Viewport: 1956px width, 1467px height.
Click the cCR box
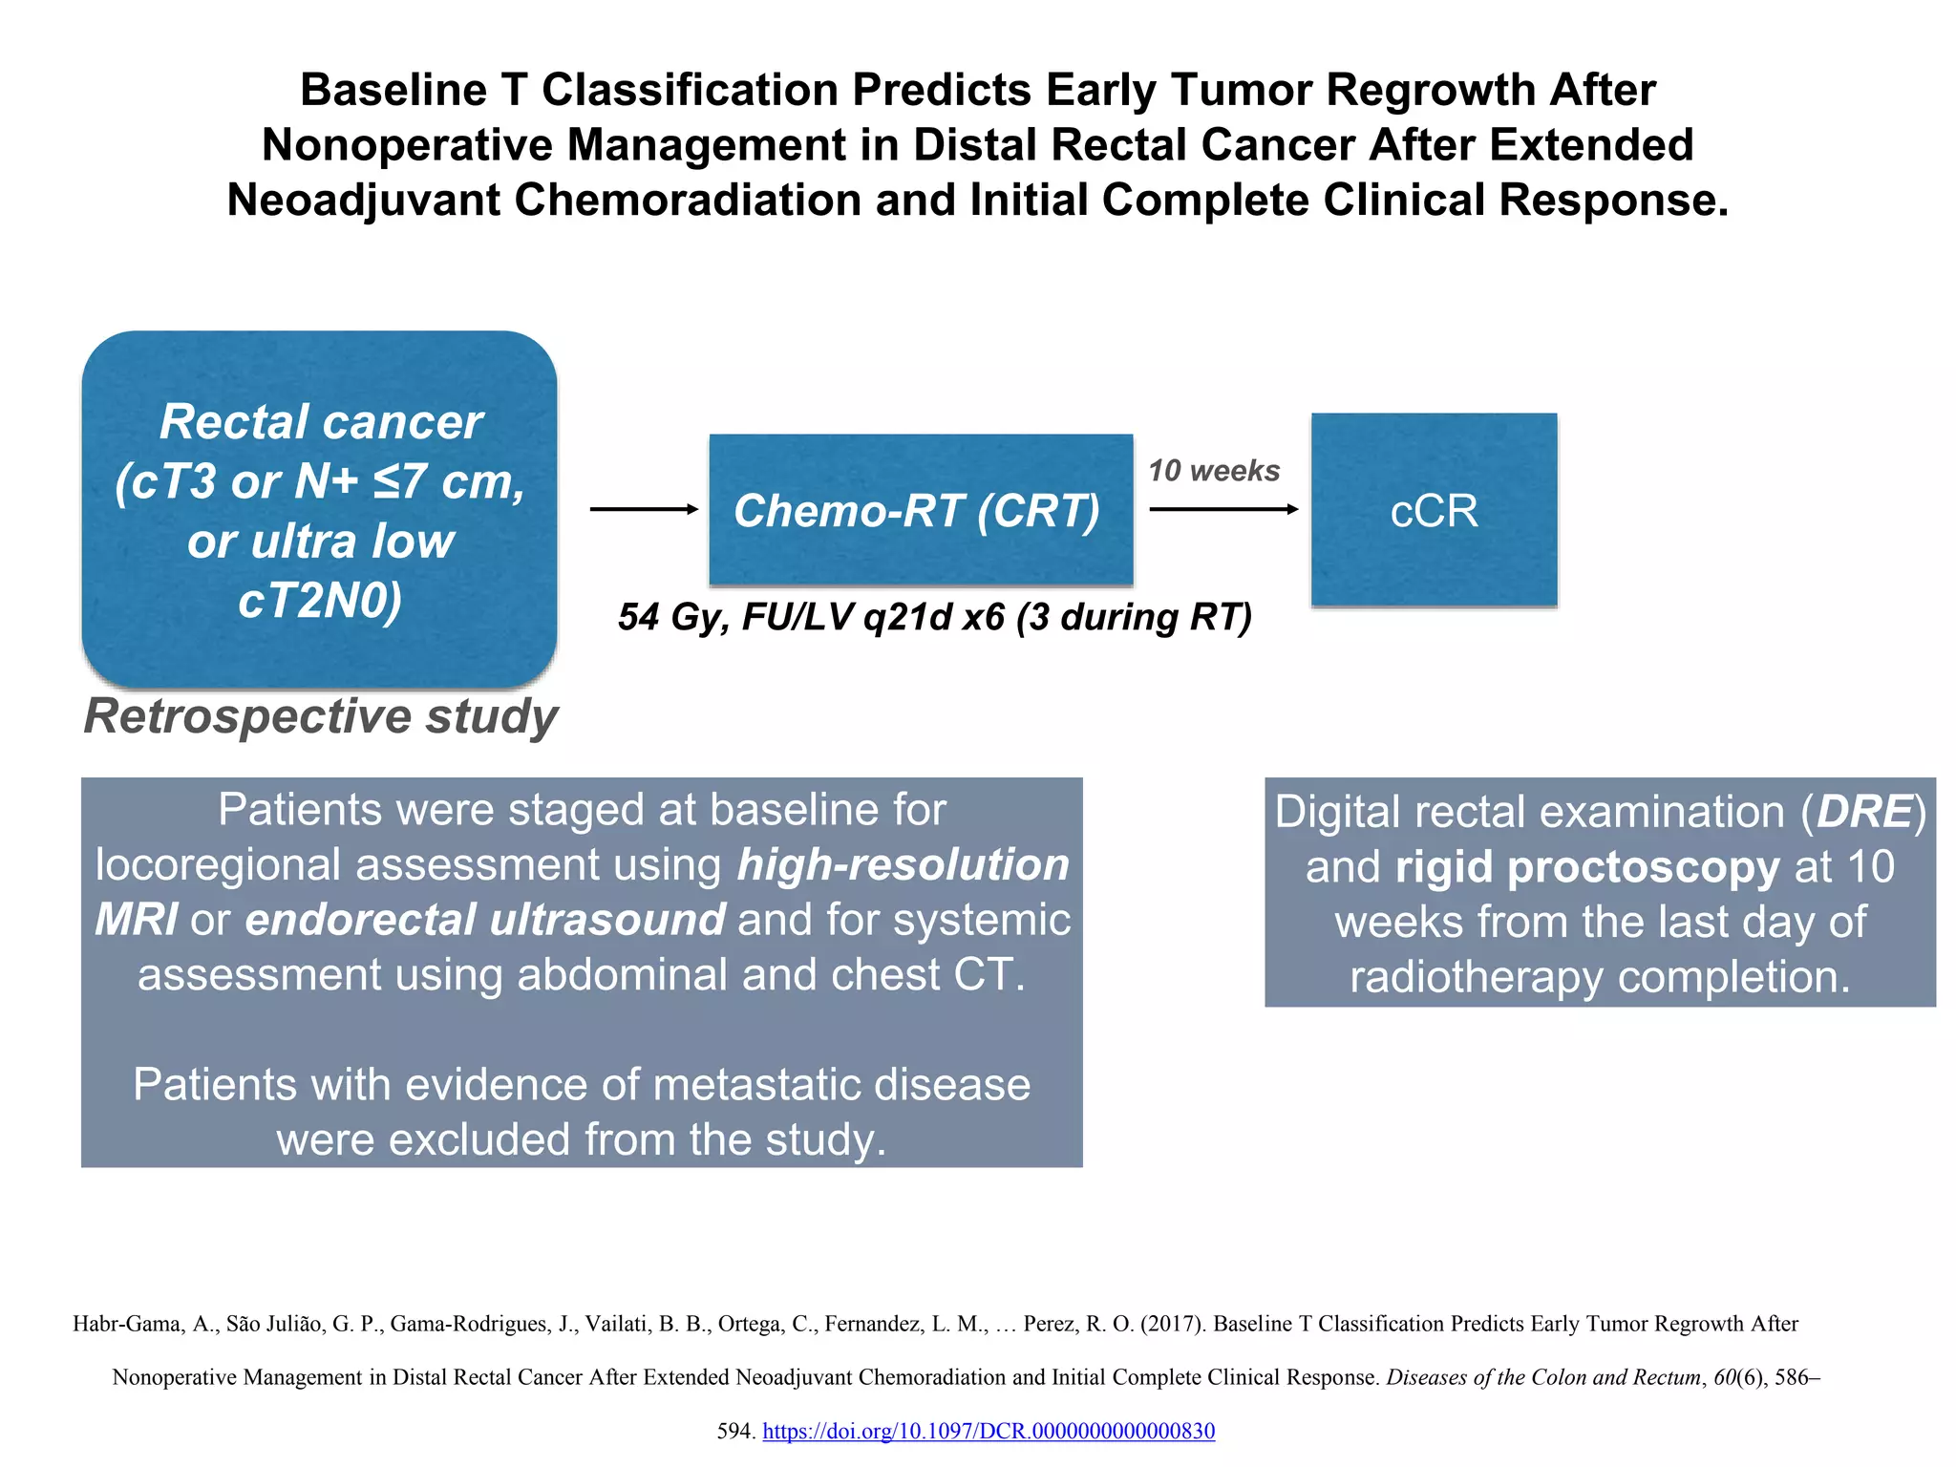pos(1434,510)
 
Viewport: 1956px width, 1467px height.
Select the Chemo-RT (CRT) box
pos(920,510)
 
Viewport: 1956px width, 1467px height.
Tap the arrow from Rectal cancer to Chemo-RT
pos(644,509)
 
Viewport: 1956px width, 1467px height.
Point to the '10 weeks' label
pos(1213,471)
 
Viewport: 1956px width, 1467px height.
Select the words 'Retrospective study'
pos(320,716)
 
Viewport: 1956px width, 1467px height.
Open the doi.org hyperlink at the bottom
pos(989,1431)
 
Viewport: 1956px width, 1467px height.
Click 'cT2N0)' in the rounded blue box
pos(320,601)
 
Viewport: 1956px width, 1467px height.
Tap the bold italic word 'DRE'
pos(1864,812)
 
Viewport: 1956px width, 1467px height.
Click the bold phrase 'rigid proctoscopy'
pos(1586,867)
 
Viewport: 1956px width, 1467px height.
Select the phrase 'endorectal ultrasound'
pos(485,920)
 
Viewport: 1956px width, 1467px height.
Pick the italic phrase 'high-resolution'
pos(903,864)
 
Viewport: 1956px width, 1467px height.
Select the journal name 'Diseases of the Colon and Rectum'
pos(1543,1377)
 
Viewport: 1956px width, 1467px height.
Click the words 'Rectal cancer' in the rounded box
pos(320,422)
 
